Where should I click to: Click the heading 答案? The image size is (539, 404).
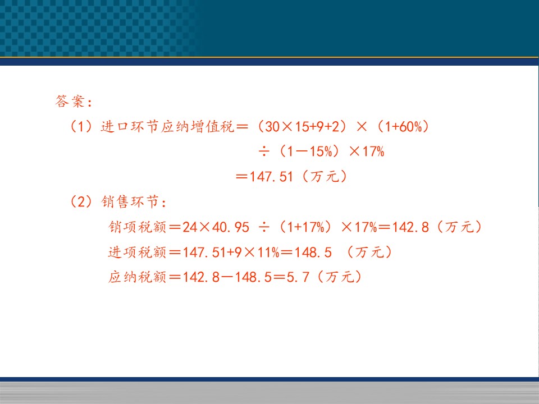click(x=70, y=102)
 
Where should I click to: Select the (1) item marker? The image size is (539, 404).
click(x=81, y=126)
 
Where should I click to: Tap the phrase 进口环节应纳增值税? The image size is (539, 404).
click(x=167, y=126)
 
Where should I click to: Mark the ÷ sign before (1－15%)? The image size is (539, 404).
click(x=264, y=151)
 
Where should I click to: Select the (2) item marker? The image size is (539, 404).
click(x=81, y=201)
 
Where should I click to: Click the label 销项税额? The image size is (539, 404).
click(x=138, y=227)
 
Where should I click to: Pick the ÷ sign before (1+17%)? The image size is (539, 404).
click(x=264, y=227)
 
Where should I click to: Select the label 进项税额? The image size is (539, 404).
click(x=138, y=252)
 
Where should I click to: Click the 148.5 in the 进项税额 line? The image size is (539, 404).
click(x=313, y=252)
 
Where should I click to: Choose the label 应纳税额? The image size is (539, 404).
click(x=138, y=277)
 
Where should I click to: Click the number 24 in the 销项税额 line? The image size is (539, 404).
click(x=190, y=227)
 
